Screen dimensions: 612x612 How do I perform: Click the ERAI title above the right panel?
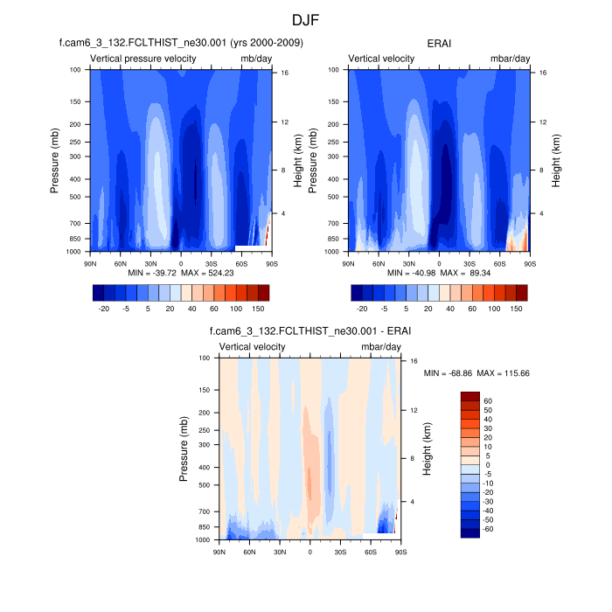(440, 42)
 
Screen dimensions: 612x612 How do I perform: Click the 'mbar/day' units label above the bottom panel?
(381, 347)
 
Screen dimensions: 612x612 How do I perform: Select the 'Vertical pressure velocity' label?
(143, 59)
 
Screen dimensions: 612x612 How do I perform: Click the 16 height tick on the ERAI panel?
(543, 73)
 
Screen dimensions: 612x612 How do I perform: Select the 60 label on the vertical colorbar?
(488, 401)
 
